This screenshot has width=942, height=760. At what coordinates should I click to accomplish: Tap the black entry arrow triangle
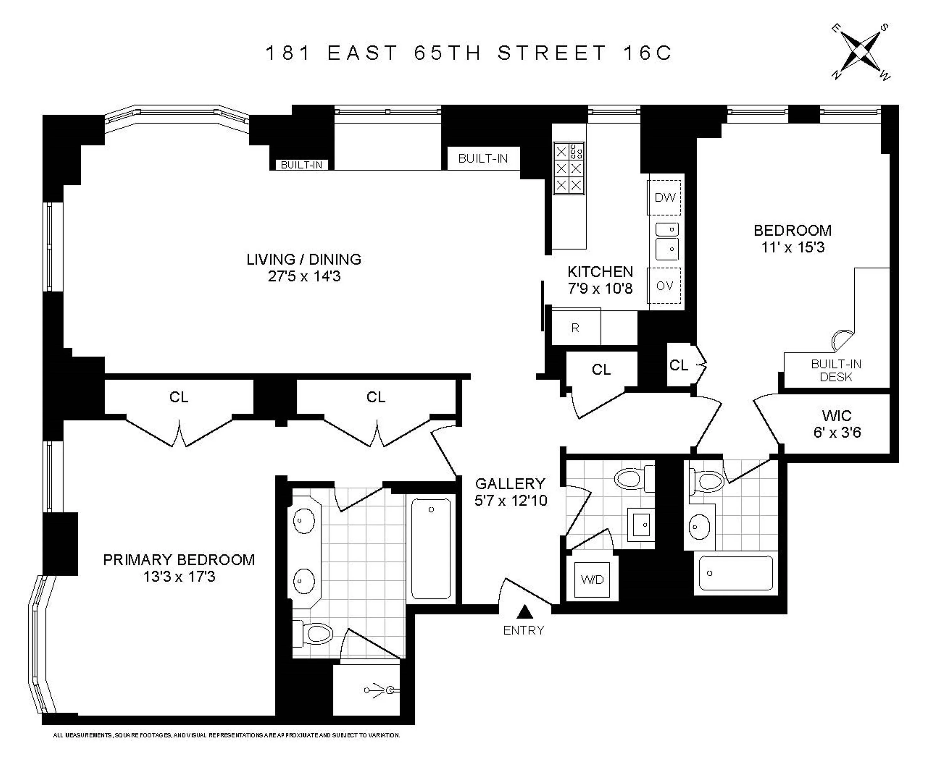pos(524,612)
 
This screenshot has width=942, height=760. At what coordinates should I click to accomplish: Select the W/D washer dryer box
pos(592,580)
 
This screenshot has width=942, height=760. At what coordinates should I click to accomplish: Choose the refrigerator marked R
pos(575,328)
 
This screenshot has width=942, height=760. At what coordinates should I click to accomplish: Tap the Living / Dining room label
pos(304,259)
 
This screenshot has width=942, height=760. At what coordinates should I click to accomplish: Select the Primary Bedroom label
pos(179,560)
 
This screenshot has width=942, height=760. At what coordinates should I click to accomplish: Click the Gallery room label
pos(511,483)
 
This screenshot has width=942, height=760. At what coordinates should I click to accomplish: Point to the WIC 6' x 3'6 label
pos(837,424)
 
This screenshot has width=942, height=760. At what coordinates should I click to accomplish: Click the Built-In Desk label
pos(836,370)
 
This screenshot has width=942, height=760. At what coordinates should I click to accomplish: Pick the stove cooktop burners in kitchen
pos(569,168)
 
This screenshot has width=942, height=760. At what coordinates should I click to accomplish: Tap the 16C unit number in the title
pos(647,53)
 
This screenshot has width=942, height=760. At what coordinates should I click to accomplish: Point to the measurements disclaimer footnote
pos(226,735)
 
